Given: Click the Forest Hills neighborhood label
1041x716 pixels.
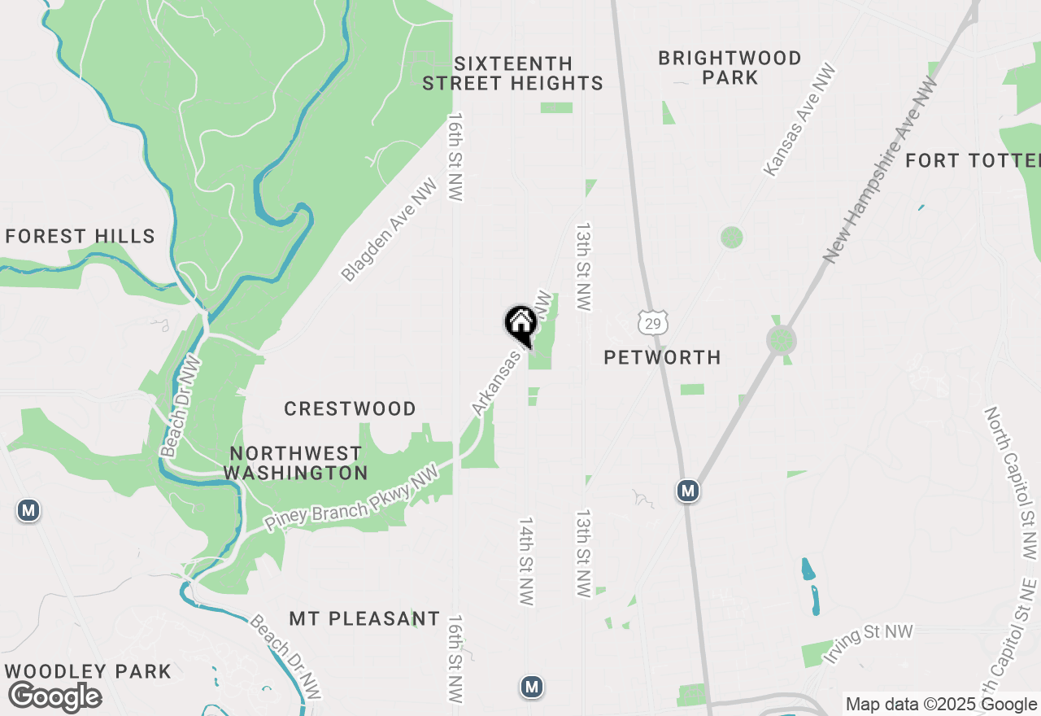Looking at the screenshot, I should [80, 237].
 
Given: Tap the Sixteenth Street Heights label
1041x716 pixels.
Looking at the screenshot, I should [512, 73].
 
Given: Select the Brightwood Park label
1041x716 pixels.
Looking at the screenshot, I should [730, 68].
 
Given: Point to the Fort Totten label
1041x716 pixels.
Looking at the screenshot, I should [972, 160].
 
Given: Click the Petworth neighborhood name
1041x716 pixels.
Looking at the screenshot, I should [663, 357].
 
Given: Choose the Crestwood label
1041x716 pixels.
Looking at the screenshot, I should [350, 408].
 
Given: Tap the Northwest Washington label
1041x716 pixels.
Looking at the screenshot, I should [295, 463].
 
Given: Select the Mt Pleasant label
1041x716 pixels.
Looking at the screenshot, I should [364, 618].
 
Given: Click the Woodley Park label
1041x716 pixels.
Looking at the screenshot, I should [88, 672].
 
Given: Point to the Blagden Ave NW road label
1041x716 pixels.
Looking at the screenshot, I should [389, 230].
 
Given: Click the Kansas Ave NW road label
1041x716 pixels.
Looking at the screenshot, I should [799, 120].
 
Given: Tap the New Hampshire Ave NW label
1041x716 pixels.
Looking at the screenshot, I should [880, 169].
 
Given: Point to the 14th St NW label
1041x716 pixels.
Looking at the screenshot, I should [526, 561].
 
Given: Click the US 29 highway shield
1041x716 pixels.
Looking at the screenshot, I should [653, 322].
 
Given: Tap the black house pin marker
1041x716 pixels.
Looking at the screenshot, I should [520, 323].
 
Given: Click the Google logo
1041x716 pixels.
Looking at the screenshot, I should [54, 696].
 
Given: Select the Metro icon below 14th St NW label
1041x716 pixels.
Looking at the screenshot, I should [532, 687].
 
